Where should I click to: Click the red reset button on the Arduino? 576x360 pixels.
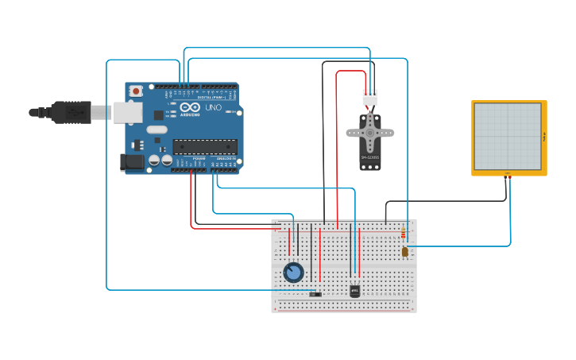tap(136, 91)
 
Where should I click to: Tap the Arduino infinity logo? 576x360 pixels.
tap(190, 107)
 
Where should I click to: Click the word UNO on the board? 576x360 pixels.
tap(214, 107)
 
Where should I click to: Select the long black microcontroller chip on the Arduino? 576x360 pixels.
tap(205, 146)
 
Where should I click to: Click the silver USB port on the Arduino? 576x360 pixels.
tap(127, 112)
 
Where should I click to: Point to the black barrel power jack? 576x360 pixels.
tap(133, 162)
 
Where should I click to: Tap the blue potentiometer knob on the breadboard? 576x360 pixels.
tap(293, 273)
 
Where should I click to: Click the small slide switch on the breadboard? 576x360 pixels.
tap(315, 294)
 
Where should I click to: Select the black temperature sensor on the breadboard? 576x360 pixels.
tap(354, 291)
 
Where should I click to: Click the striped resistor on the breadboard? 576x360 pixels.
tap(403, 234)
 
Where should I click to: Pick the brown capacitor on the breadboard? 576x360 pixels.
tap(404, 252)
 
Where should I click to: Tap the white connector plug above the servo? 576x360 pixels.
tap(370, 98)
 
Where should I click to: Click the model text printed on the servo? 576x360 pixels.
tap(370, 157)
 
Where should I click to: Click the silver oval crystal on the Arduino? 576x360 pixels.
tap(157, 130)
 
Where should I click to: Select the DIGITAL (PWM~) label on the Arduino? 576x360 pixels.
tap(210, 97)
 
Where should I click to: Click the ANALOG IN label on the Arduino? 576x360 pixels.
tap(225, 158)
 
